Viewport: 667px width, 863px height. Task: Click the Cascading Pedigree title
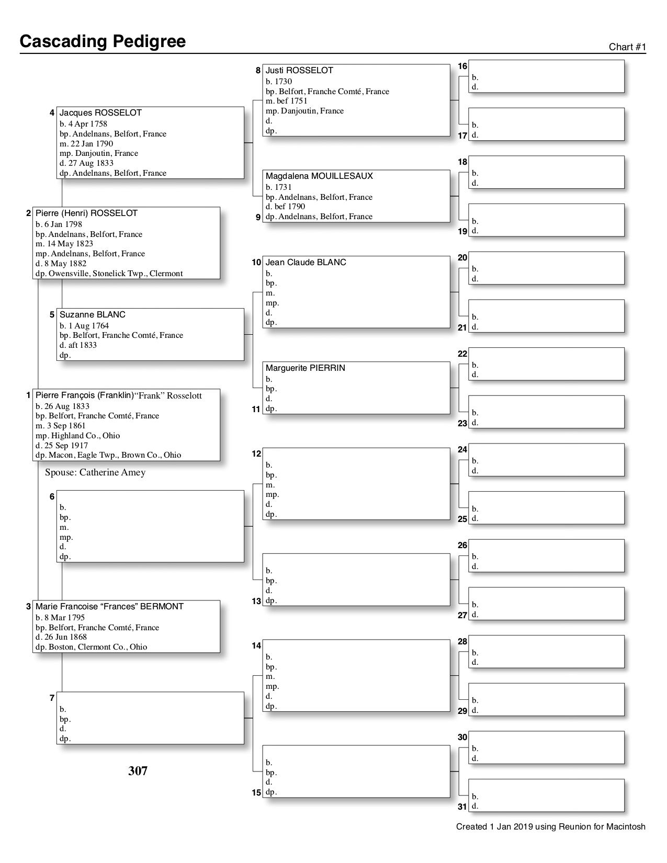tap(103, 41)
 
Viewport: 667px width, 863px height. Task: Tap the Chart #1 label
tap(627, 47)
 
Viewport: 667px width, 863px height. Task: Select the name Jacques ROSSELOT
tap(100, 113)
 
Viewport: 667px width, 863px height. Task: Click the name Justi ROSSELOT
tap(299, 71)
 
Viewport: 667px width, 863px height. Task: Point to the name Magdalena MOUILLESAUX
tap(319, 176)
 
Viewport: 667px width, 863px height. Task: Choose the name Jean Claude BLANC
tap(306, 263)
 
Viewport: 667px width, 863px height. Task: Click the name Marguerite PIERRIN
tap(305, 368)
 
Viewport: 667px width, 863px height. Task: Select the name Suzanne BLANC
tap(93, 315)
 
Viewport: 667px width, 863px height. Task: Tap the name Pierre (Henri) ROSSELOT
tap(86, 213)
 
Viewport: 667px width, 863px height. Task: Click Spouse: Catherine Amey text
tap(95, 473)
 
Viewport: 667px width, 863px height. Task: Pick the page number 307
tap(138, 771)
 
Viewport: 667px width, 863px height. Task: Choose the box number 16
tap(462, 66)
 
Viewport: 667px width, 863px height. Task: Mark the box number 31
tap(462, 807)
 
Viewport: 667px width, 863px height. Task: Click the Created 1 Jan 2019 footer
tap(550, 827)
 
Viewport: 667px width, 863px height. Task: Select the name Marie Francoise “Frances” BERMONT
tap(109, 607)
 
